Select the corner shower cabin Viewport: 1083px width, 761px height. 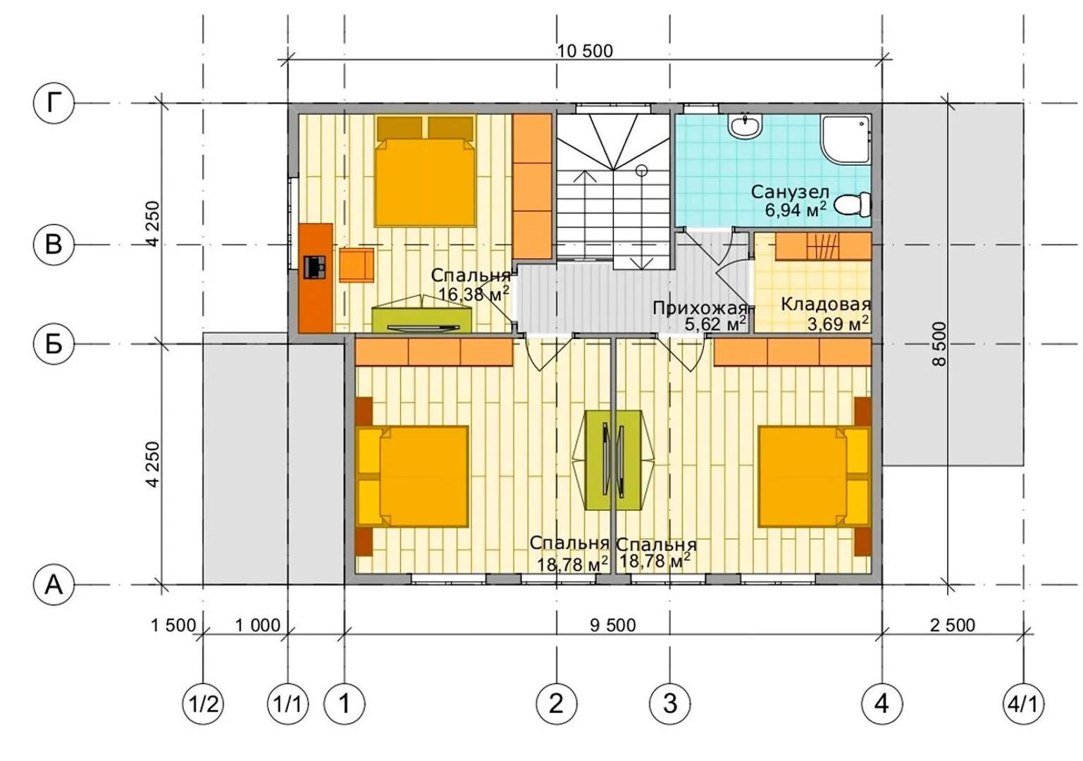[846, 140]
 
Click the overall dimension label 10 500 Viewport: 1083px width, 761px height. [585, 51]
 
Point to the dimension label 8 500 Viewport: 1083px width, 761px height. [939, 344]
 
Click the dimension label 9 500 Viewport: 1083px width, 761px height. [612, 625]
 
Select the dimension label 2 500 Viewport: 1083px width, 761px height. [953, 625]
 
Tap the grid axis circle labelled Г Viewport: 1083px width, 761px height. [54, 103]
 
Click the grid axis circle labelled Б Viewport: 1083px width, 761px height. [54, 344]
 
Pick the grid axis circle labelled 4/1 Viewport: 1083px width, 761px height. [1023, 704]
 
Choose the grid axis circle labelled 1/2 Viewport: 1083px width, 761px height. [203, 704]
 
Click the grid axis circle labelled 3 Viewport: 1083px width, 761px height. [669, 704]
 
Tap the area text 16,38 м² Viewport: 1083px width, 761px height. [474, 293]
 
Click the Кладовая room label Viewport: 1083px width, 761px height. [826, 304]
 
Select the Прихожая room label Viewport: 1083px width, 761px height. [700, 308]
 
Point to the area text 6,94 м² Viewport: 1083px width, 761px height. [796, 209]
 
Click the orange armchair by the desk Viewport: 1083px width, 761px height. [357, 265]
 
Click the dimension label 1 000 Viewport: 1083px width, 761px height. [257, 625]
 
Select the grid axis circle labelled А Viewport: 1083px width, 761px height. [54, 585]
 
